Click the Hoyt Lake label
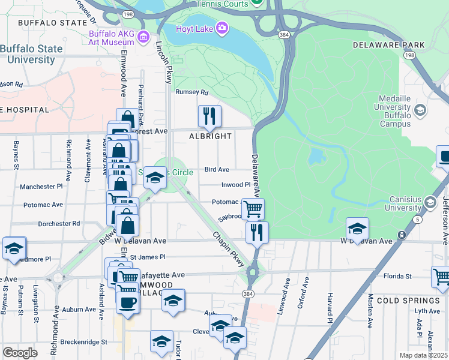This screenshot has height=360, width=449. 194,28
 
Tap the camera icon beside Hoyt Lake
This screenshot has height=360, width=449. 222,28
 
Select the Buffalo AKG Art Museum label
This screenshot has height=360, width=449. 112,38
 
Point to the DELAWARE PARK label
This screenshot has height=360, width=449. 388,45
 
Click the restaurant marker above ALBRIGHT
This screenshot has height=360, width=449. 209,115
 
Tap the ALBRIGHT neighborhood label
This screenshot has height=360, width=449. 211,136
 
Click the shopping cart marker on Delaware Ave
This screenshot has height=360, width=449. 253,209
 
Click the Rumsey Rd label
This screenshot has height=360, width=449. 191,92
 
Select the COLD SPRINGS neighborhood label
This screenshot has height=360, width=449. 408,300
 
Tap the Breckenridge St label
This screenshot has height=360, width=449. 79,342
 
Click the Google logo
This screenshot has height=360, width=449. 20,353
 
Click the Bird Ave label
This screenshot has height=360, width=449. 217,170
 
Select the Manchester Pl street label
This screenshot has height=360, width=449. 41,187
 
